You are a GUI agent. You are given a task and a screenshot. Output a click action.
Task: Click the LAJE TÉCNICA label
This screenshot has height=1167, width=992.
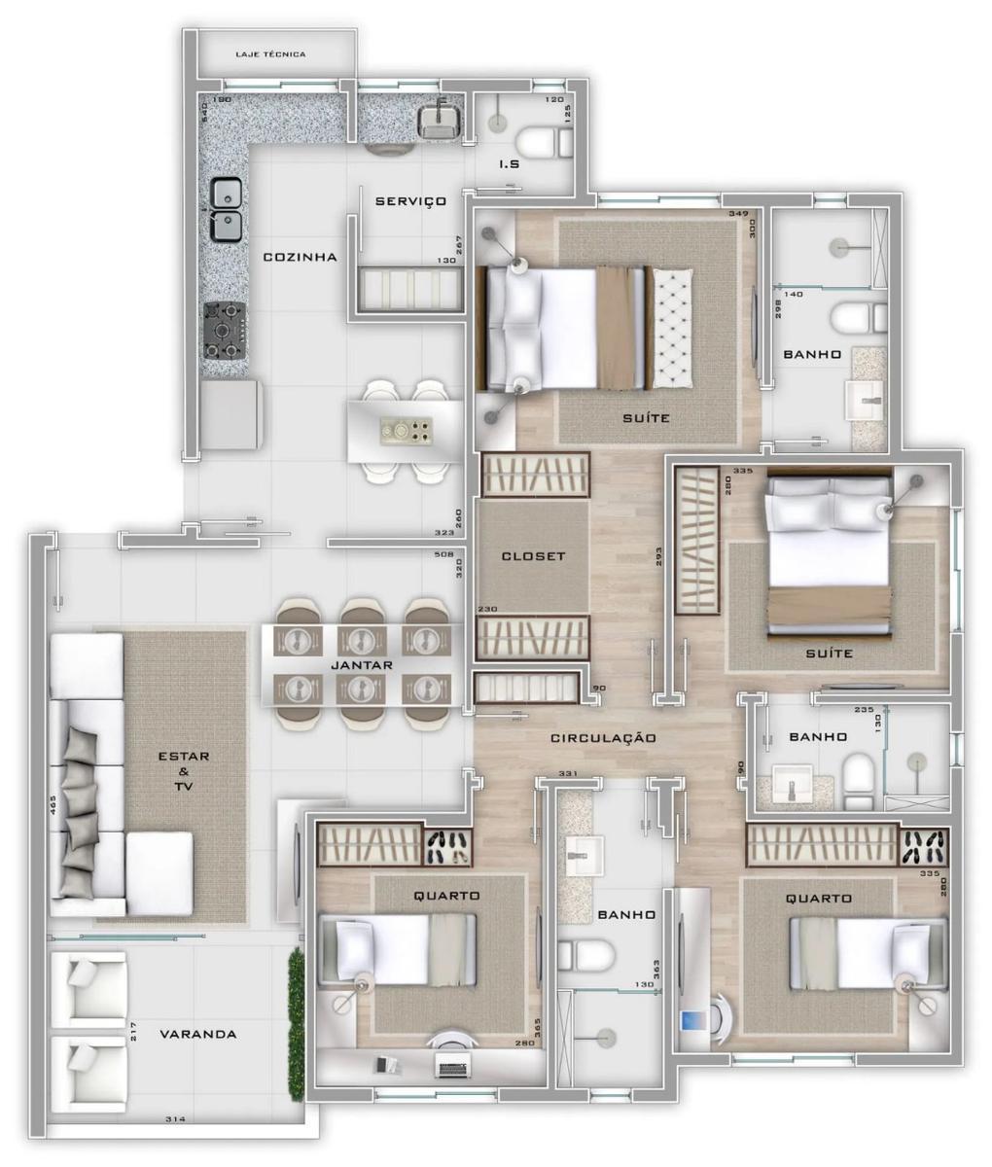270,54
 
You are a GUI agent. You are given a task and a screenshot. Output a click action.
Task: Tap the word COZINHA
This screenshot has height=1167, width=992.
300,258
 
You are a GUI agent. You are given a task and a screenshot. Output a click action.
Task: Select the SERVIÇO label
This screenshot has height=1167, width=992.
410,201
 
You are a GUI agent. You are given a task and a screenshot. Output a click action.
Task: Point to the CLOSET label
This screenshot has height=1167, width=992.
533,557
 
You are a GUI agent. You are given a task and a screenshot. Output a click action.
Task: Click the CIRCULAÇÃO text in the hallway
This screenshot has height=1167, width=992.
603,739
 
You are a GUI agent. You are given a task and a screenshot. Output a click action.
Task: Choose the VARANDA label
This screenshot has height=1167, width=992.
198,1034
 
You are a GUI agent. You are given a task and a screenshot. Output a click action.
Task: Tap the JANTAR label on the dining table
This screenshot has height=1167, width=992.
361,666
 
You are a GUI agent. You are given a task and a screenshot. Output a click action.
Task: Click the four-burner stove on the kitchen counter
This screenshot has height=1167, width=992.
225,331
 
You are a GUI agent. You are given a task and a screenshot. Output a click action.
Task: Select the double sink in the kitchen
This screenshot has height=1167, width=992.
226,210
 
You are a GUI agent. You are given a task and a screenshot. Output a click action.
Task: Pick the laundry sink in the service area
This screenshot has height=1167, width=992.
439,121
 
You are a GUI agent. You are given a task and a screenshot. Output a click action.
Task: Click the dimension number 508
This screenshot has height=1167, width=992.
444,556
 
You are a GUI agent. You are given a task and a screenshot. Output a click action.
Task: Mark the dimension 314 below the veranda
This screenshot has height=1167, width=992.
175,1120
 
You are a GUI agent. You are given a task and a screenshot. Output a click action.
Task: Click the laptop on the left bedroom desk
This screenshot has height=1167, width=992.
450,1068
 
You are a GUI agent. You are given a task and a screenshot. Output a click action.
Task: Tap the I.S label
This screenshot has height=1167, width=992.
509,164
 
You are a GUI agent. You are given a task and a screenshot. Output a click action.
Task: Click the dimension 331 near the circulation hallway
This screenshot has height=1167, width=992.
570,774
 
